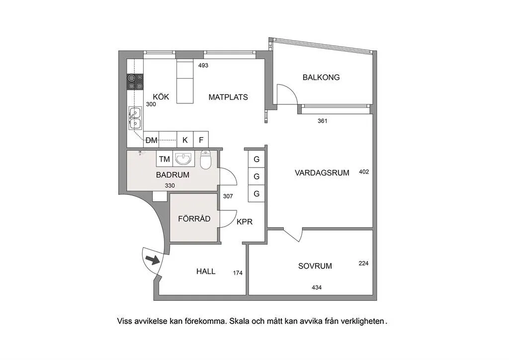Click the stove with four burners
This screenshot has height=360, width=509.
click(x=135, y=82)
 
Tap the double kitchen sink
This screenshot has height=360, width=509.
click(x=135, y=117)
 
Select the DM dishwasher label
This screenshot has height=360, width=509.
click(x=152, y=140)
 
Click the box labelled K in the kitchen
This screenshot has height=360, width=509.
click(x=185, y=140)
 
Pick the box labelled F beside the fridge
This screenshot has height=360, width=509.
click(x=201, y=140)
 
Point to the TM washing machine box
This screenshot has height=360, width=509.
click(x=164, y=159)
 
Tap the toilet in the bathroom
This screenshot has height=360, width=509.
click(x=206, y=160)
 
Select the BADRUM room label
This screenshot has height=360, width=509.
click(x=172, y=175)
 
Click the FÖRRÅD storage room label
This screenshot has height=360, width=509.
click(x=194, y=219)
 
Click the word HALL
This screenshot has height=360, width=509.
click(x=206, y=271)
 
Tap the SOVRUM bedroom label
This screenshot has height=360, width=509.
click(x=315, y=266)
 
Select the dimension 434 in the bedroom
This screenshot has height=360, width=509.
click(x=317, y=287)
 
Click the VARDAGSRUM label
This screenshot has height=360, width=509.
click(x=322, y=173)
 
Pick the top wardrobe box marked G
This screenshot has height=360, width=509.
click(x=256, y=160)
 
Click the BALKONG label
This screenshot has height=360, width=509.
click(x=321, y=78)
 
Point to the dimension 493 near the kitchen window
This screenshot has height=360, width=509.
click(x=203, y=65)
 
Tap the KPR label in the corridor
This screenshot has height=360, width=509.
click(x=245, y=222)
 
